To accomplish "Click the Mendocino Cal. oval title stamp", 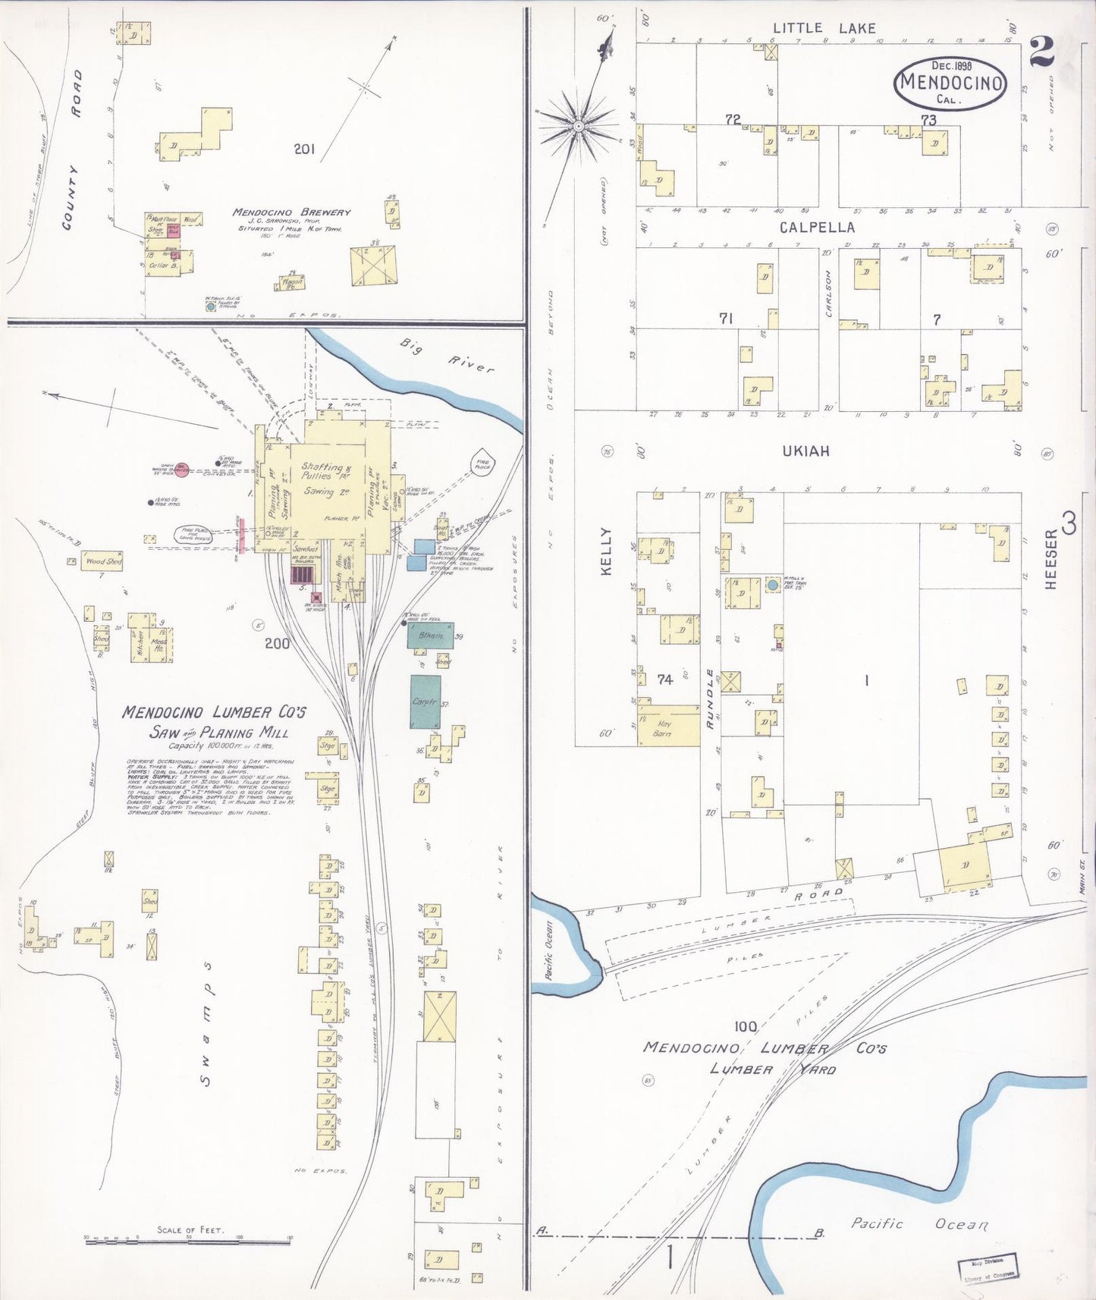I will (x=950, y=83).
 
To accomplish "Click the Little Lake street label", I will (x=824, y=29).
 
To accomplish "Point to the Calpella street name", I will (x=817, y=227).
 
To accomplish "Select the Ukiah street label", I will (x=806, y=451).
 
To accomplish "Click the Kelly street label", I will (x=606, y=551).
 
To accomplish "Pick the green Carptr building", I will (x=425, y=702).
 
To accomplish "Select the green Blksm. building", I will (x=430, y=636).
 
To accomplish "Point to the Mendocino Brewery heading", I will (x=291, y=212).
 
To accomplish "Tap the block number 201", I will (x=304, y=149).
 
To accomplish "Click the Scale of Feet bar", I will (x=189, y=1239).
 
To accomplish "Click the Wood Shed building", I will (x=102, y=561).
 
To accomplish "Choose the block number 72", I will (x=733, y=119).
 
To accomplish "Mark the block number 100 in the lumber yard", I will (x=745, y=1025).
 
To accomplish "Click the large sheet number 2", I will (x=1041, y=52).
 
